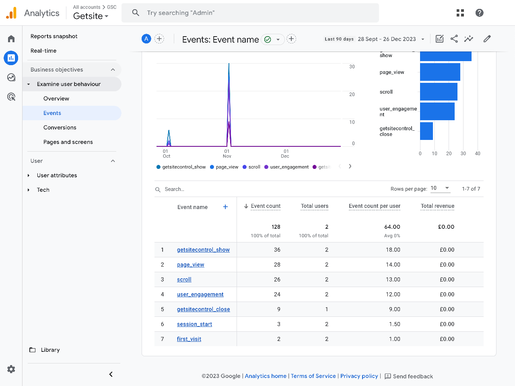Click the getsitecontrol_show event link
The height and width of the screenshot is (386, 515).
click(x=203, y=250)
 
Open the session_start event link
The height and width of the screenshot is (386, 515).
click(x=194, y=324)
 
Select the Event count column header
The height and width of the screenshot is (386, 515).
click(x=266, y=206)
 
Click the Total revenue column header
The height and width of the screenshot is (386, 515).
click(x=437, y=206)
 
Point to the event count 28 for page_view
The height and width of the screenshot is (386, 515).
click(x=277, y=265)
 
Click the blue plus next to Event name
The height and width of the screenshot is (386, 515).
click(x=225, y=207)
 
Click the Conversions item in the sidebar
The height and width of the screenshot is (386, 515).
click(x=60, y=127)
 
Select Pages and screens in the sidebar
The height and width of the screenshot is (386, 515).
click(x=68, y=142)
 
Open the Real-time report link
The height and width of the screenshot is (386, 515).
click(x=43, y=51)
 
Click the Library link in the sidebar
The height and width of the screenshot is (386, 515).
click(x=50, y=350)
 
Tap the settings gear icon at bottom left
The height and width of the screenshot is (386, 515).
click(x=11, y=369)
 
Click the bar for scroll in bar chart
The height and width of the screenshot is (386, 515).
click(x=439, y=92)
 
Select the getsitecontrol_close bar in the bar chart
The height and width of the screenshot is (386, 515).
click(x=426, y=131)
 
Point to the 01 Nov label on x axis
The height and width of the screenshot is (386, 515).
click(x=227, y=154)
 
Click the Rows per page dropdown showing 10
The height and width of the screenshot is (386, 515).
click(x=440, y=188)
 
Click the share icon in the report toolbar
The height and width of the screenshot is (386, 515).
click(x=454, y=39)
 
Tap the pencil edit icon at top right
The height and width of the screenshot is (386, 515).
click(x=487, y=39)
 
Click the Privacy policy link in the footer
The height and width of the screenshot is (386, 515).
click(x=359, y=376)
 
